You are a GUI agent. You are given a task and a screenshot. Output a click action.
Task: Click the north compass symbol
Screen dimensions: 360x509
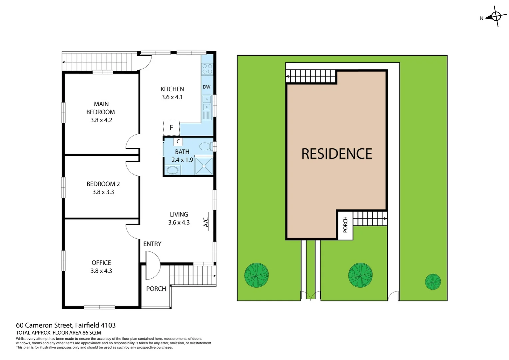pos(495,16)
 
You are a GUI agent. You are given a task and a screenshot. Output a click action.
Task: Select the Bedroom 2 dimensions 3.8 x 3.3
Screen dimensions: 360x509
pos(103,192)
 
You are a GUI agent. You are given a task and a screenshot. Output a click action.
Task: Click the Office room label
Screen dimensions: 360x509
pos(101,263)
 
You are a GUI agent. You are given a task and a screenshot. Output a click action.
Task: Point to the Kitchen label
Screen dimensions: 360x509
pos(172,89)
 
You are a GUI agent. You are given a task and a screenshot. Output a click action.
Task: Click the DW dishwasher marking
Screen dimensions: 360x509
pos(207,87)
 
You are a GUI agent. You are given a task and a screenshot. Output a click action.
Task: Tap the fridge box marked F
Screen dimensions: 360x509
pos(172,127)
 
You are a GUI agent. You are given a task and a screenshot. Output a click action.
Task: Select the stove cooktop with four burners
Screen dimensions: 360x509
pos(207,69)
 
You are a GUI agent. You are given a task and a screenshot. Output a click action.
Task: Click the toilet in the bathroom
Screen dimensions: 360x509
pos(206,146)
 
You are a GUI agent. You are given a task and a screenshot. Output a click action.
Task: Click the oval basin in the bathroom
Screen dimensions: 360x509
pos(173,170)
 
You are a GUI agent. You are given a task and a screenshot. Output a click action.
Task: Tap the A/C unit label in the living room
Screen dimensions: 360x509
pos(206,222)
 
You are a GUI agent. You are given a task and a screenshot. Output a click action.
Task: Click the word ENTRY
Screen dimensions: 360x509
pos(152,244)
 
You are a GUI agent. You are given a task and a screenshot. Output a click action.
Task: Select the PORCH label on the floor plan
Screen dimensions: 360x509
pos(156,289)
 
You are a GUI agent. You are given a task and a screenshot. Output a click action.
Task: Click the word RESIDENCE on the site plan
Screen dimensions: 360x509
pos(337,154)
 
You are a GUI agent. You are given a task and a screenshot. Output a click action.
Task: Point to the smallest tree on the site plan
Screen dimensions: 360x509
pos(433,282)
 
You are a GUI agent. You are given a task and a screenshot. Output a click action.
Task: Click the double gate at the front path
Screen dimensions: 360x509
pos(310,295)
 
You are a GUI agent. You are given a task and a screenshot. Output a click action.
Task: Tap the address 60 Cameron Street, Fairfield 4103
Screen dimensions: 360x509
pos(66,325)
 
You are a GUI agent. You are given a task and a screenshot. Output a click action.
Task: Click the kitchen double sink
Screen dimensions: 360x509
pos(207,103)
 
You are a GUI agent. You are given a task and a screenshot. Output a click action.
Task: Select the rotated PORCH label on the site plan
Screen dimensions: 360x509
pos(345,225)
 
